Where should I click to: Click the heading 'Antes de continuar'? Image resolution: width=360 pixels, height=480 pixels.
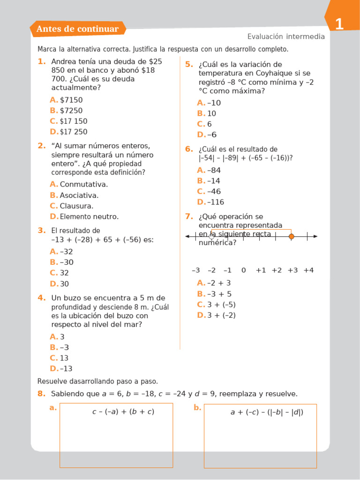[77, 29]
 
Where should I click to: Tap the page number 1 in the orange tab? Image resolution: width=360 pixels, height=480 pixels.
[339, 24]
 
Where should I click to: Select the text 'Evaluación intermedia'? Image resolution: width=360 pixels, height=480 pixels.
[285, 37]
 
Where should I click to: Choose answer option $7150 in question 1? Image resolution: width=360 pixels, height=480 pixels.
[71, 100]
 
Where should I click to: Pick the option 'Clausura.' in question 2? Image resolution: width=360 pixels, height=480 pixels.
[76, 206]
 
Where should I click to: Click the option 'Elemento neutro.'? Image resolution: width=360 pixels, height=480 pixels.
[89, 217]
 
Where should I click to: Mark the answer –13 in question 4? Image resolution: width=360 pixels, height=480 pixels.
[66, 368]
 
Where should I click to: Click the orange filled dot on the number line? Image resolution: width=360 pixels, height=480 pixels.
[292, 237]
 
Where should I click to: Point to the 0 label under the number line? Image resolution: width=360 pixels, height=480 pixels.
[243, 270]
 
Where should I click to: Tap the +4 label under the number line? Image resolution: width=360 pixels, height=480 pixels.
[308, 270]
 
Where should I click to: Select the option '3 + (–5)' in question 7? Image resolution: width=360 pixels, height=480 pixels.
[221, 305]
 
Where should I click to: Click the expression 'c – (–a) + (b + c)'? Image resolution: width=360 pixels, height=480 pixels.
[123, 412]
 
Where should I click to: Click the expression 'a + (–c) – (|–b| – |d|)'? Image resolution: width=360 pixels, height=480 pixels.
[267, 412]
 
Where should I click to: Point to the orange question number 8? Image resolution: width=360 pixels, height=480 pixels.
[41, 394]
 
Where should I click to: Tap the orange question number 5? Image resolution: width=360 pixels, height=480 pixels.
[189, 64]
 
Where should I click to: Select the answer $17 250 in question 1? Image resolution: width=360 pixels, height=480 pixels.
[74, 132]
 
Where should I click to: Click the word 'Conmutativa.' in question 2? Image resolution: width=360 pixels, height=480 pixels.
[83, 184]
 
